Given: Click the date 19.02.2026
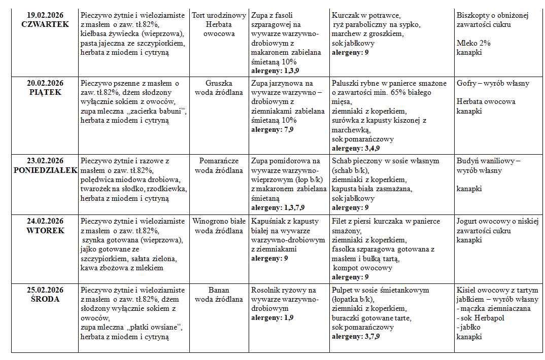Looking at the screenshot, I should (45, 15).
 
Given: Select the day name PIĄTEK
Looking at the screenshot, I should (45, 92).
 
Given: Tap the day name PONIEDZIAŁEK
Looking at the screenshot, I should (45, 170).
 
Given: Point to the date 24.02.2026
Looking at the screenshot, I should (45, 221).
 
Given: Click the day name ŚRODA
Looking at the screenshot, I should (45, 299).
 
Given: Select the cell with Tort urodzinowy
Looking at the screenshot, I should (219, 15).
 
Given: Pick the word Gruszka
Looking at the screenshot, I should (219, 83).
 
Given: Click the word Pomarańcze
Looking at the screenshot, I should (219, 161).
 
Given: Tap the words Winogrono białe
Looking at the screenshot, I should (219, 221).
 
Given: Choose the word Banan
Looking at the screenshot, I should (219, 290).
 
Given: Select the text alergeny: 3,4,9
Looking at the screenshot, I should (356, 149).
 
